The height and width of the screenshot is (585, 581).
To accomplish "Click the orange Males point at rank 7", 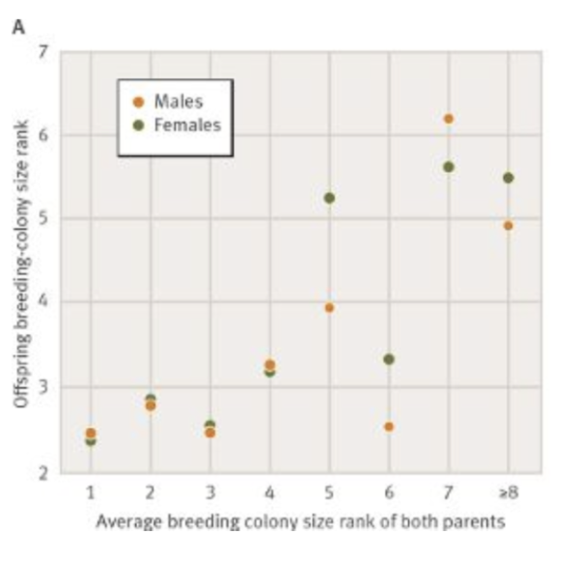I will tap(449, 119).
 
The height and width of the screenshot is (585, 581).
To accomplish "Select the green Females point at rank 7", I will tap(449, 167).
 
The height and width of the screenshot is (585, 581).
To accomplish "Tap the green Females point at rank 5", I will tap(329, 198).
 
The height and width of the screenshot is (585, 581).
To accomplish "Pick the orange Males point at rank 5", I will tap(329, 308).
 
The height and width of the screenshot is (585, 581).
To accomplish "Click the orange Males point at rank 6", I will tap(389, 427).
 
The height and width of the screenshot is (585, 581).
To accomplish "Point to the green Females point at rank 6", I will tap(389, 359).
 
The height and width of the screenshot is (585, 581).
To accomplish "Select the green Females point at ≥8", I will tap(509, 178).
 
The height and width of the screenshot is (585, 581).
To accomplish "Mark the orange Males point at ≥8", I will tap(509, 226).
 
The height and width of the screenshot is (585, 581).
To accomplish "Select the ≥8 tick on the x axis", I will tap(508, 493).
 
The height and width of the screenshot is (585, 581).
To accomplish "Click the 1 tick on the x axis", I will tap(90, 493).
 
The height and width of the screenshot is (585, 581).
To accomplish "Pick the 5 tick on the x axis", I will tap(329, 493).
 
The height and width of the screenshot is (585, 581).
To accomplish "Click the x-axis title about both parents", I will tap(299, 521).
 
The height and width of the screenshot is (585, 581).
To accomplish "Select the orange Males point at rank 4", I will tap(269, 365).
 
